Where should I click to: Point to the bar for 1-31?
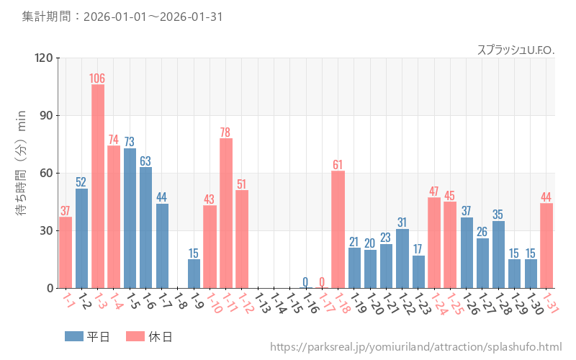pyautogui.click(x=546, y=246)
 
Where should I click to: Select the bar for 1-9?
pyautogui.click(x=194, y=274)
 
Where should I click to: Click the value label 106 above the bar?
pyautogui.click(x=98, y=78)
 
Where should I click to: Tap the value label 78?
pyautogui.click(x=226, y=132)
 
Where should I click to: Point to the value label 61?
pyautogui.click(x=338, y=165)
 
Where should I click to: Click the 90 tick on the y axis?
pyautogui.click(x=45, y=115)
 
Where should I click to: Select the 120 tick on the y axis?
pyautogui.click(x=42, y=58)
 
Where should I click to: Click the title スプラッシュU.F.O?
pyautogui.click(x=516, y=50)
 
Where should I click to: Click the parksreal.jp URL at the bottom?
pyautogui.click(x=415, y=347)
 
